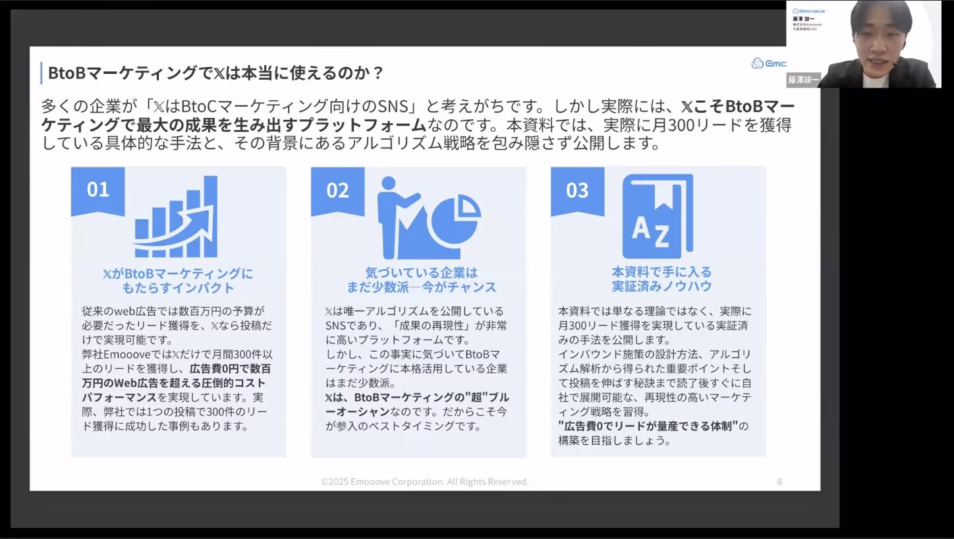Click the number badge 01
[98, 190]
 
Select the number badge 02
[337, 190]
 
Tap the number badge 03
[577, 190]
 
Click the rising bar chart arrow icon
[175, 217]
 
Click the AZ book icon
[657, 217]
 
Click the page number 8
[779, 482]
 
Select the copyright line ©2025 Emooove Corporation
[425, 482]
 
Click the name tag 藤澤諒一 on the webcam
[803, 80]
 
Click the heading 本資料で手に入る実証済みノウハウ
[661, 279]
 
